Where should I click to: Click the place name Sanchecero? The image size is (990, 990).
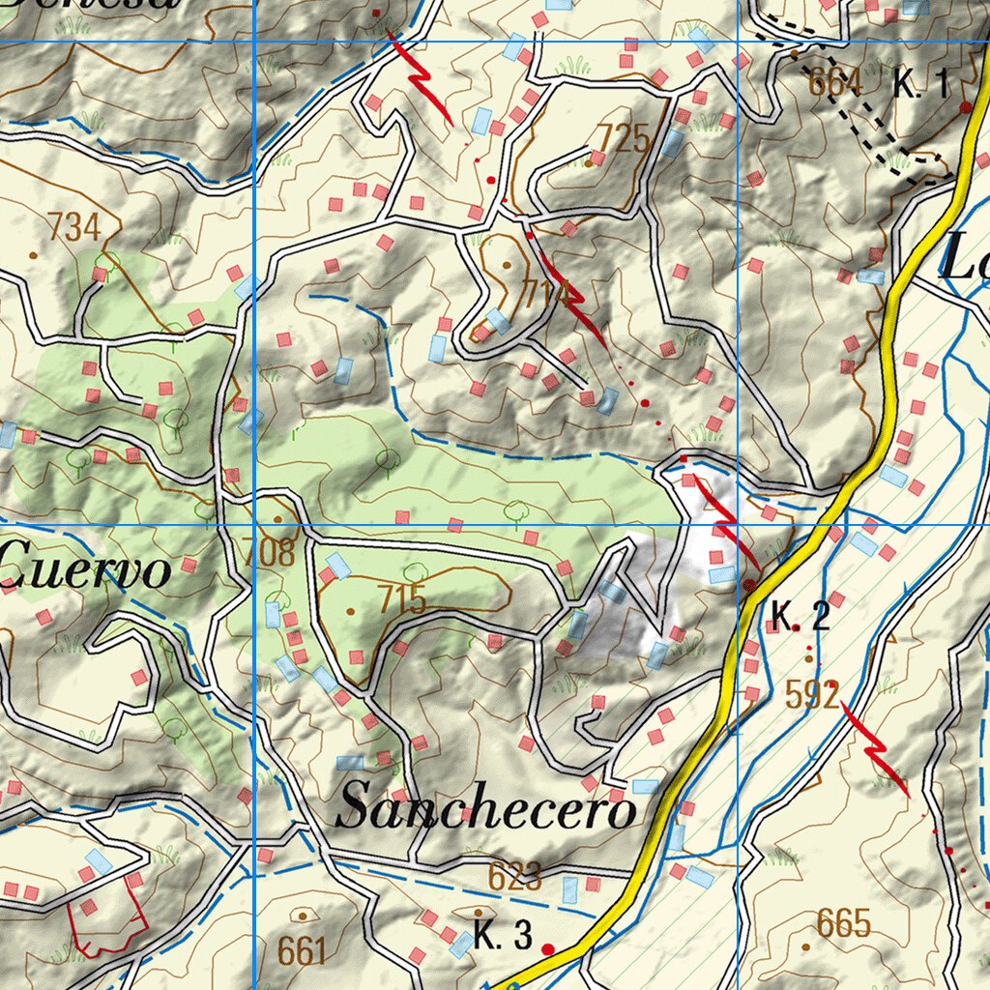(485, 808)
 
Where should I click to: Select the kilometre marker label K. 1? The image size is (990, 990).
(920, 85)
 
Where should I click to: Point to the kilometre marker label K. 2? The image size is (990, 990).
(801, 617)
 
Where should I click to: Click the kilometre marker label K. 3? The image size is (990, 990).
(503, 936)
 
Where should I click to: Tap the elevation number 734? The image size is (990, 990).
(75, 228)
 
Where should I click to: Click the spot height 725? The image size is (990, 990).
(623, 139)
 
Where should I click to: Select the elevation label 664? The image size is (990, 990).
(835, 84)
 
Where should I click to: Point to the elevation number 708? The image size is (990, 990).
(270, 553)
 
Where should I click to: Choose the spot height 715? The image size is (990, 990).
(402, 600)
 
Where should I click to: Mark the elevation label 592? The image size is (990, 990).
(812, 694)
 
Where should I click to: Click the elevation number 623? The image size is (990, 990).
(514, 877)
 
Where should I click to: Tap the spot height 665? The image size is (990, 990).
(844, 923)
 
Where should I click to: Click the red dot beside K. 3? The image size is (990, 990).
(548, 948)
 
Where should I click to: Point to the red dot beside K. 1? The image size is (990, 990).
(965, 107)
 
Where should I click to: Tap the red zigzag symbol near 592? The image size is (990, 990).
(875, 748)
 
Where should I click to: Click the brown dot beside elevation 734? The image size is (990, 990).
(34, 255)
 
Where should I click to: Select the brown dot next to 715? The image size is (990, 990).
(351, 611)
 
